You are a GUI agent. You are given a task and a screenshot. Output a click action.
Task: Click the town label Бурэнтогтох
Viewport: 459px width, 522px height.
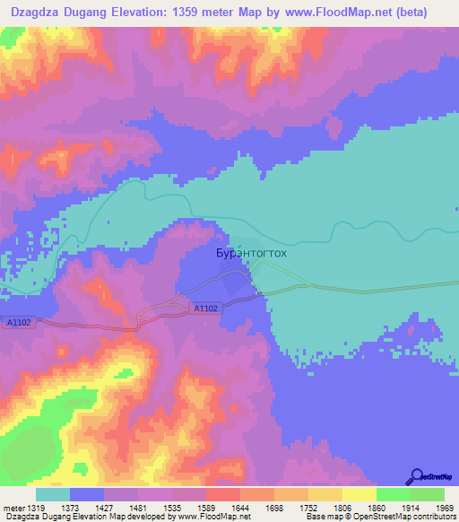point(252,254)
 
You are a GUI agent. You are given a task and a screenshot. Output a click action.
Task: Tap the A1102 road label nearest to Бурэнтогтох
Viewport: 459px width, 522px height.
point(205,308)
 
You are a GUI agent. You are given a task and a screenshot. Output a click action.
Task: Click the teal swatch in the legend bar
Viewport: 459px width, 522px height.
point(53,494)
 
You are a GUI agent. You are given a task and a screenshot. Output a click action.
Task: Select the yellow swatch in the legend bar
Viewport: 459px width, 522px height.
point(359,494)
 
